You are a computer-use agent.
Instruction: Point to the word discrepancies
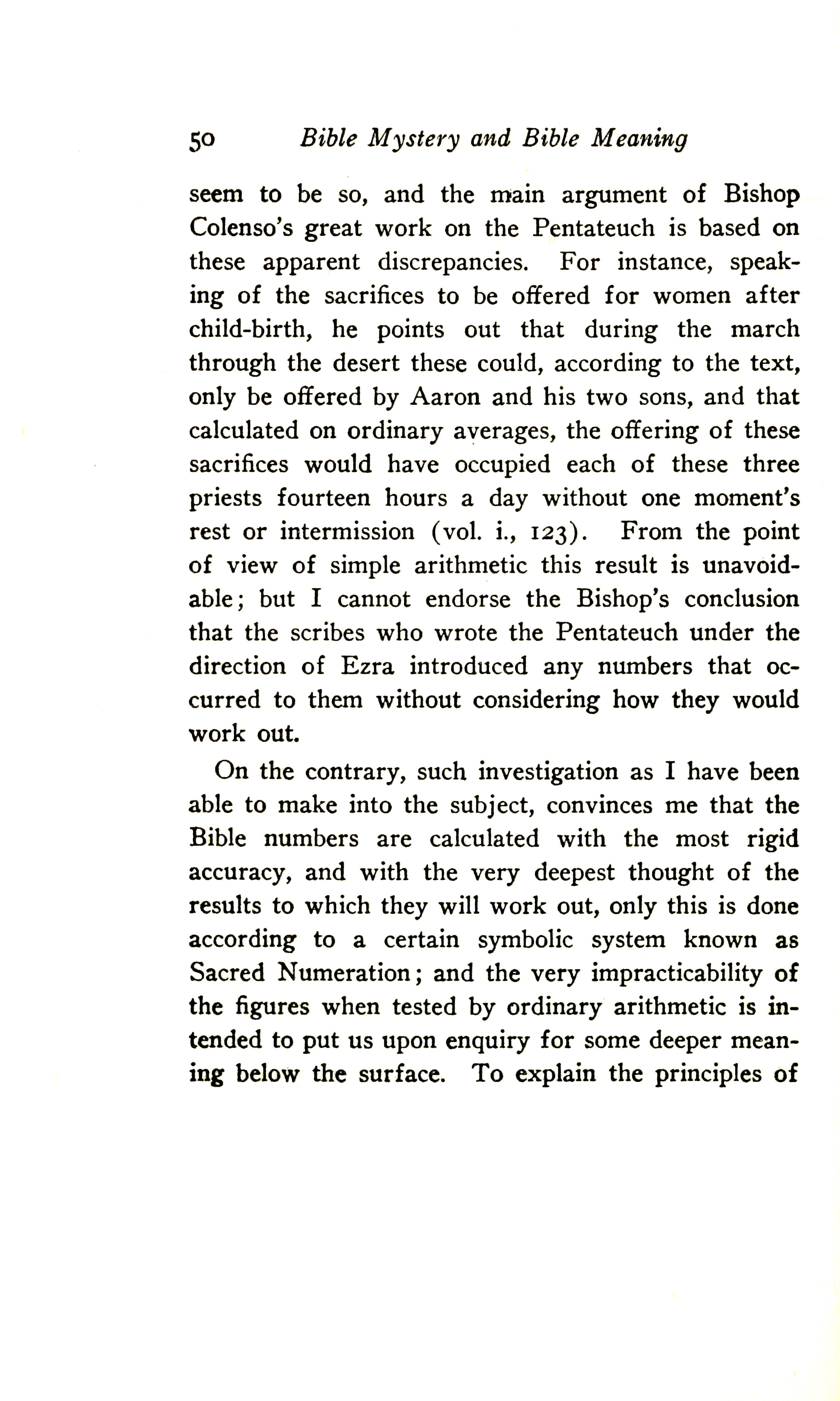(x=453, y=262)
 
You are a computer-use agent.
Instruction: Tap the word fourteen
(x=323, y=498)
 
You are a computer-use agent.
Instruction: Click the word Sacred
(x=226, y=973)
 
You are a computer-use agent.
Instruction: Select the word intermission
(x=347, y=532)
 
